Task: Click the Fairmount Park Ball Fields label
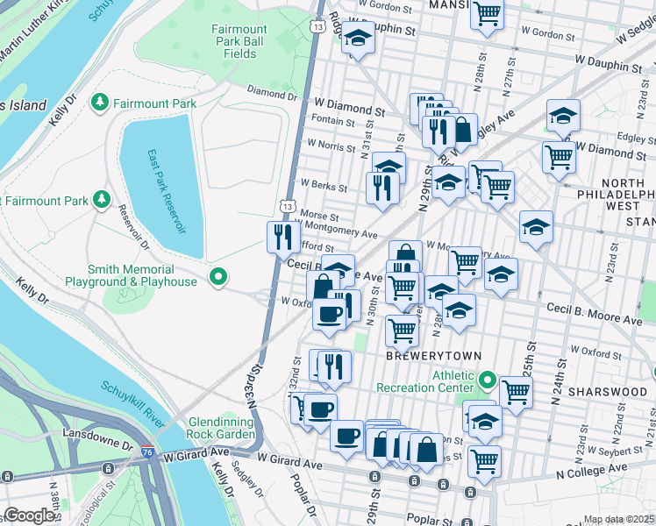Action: coord(239,41)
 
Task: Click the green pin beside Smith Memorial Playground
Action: coord(217,278)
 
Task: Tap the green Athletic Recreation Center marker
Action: coord(488,381)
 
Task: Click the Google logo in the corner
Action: coord(31,515)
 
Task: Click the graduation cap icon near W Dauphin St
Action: coord(357,39)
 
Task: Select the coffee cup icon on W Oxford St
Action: coord(330,314)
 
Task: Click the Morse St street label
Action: coord(320,216)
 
